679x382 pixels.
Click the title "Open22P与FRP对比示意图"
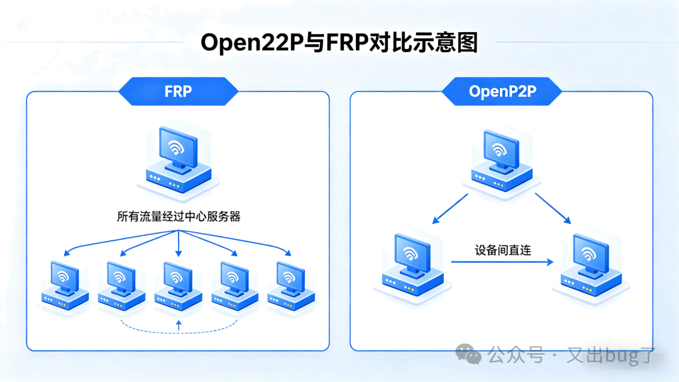[x=339, y=42]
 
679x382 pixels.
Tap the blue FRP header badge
[x=178, y=91]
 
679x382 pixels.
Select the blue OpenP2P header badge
[x=502, y=91]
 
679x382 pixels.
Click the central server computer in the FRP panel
[x=178, y=157]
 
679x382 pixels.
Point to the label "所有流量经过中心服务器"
[x=179, y=216]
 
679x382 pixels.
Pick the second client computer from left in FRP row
[x=121, y=285]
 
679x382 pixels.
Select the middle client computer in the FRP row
[x=178, y=285]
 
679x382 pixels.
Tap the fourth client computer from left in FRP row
[x=234, y=285]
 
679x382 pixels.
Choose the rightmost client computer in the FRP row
[x=290, y=285]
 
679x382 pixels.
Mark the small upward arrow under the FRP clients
[x=179, y=325]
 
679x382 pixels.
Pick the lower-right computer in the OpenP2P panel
[x=588, y=265]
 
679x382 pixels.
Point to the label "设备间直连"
[x=503, y=250]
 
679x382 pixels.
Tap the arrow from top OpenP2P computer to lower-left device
[x=450, y=209]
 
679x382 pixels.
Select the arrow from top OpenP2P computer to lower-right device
[x=553, y=209]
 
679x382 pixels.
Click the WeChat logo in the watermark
[x=468, y=354]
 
